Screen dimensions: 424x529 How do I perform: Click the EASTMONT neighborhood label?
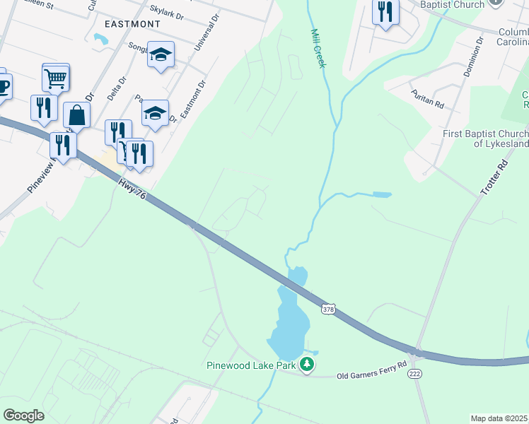point(132,23)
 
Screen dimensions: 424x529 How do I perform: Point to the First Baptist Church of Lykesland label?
point(485,139)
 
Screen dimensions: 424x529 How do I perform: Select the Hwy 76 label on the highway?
point(131,186)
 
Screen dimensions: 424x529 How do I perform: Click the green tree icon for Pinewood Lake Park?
point(306,365)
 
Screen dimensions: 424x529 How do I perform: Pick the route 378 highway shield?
point(327,309)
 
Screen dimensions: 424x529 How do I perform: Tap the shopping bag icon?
point(76,115)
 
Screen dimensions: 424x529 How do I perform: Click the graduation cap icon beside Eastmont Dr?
point(156,112)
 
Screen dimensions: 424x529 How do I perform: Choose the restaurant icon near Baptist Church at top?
point(385,12)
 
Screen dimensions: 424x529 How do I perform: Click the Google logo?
point(23,416)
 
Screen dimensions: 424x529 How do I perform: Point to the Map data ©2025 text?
point(499,418)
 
